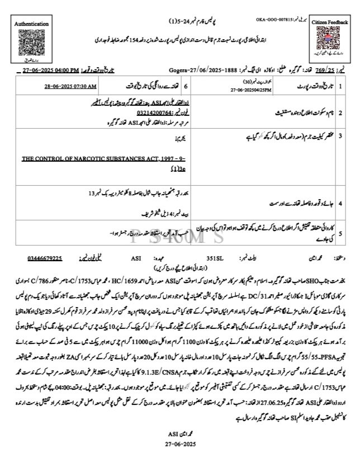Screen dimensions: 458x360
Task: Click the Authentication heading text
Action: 31,25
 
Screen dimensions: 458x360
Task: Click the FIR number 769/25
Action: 325,71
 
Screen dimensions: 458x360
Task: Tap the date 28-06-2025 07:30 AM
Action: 70,87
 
